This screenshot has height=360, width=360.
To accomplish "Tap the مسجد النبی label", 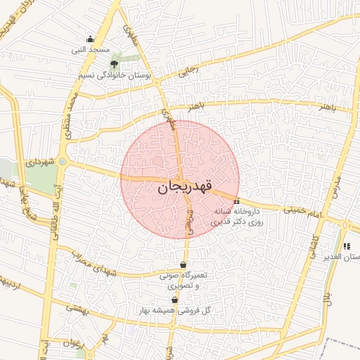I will click(89, 51).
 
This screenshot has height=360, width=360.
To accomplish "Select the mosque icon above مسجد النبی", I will click(89, 39).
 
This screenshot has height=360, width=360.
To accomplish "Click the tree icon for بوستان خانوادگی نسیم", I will click(115, 64).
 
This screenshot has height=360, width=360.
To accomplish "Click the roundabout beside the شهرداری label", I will click(63, 162).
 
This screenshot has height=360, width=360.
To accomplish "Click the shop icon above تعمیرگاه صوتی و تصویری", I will click(183, 265).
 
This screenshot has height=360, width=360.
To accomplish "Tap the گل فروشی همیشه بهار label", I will click(182, 310).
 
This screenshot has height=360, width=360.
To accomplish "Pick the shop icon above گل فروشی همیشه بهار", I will click(174, 300).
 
